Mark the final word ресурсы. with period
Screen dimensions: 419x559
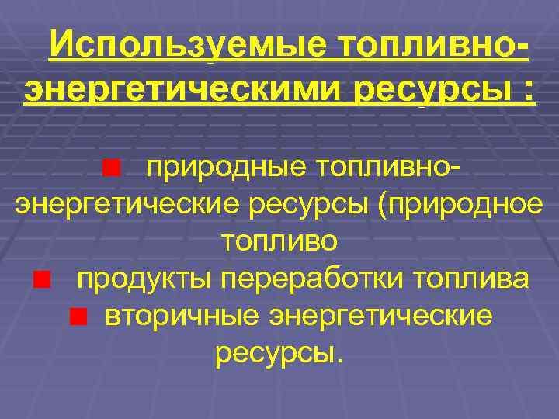(278, 354)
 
